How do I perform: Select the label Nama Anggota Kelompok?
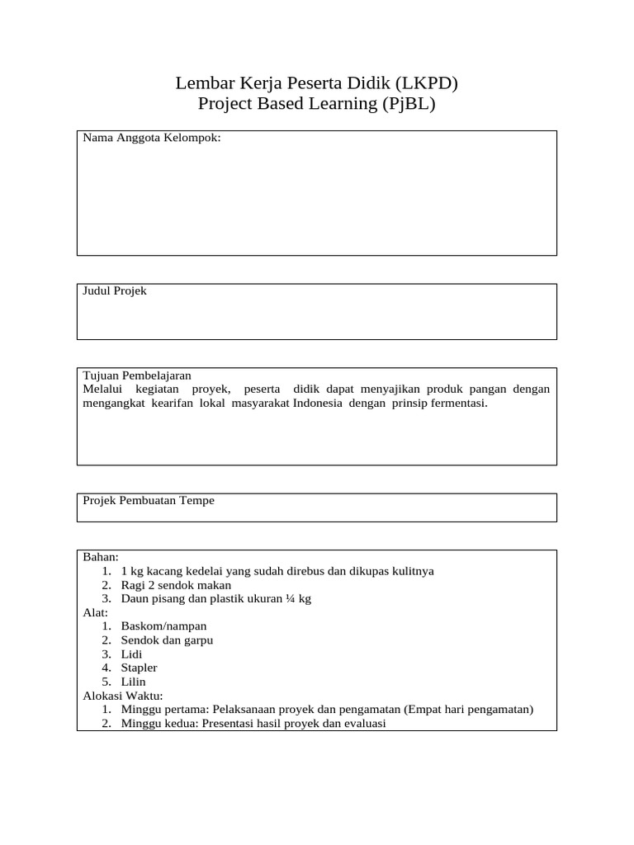coord(152,138)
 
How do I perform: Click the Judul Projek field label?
coord(115,291)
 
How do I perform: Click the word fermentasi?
coord(456,404)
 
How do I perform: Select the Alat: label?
coord(96,612)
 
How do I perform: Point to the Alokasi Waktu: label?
coord(123,696)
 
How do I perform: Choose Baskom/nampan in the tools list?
coord(163,626)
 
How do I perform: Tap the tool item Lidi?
coord(131,654)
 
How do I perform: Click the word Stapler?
coord(139,668)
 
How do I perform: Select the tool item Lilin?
coord(133,682)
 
